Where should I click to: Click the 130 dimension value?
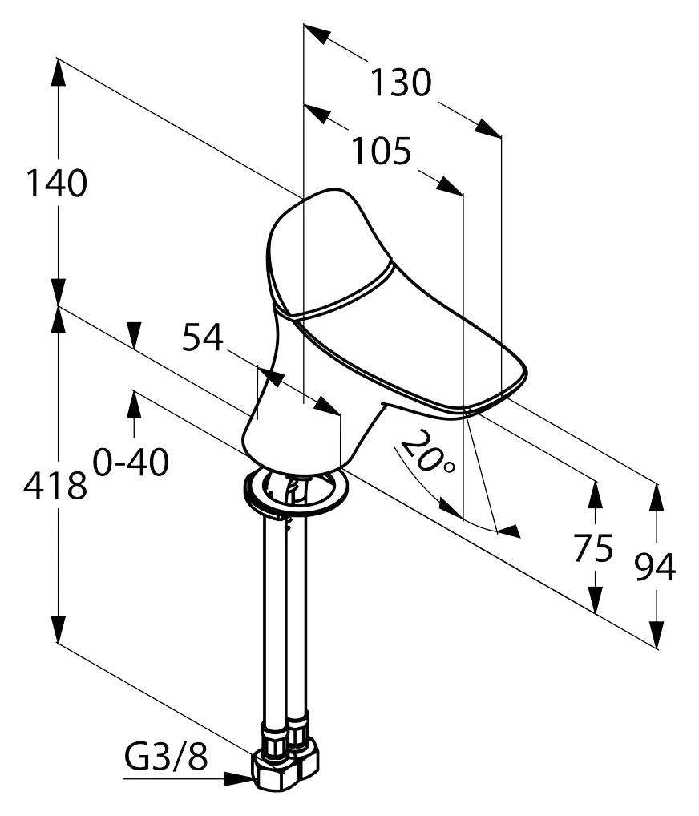[401, 83]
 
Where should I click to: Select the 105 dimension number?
[382, 151]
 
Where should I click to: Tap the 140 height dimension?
[56, 184]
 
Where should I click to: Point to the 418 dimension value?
[55, 486]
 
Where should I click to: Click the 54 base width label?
[203, 337]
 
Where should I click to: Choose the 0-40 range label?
[131, 461]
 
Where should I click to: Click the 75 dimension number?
[593, 548]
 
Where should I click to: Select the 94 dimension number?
[655, 567]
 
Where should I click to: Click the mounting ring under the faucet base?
[296, 491]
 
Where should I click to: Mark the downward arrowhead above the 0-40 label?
[135, 334]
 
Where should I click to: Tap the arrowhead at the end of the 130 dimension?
[487, 128]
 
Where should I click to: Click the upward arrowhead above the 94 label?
[657, 498]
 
